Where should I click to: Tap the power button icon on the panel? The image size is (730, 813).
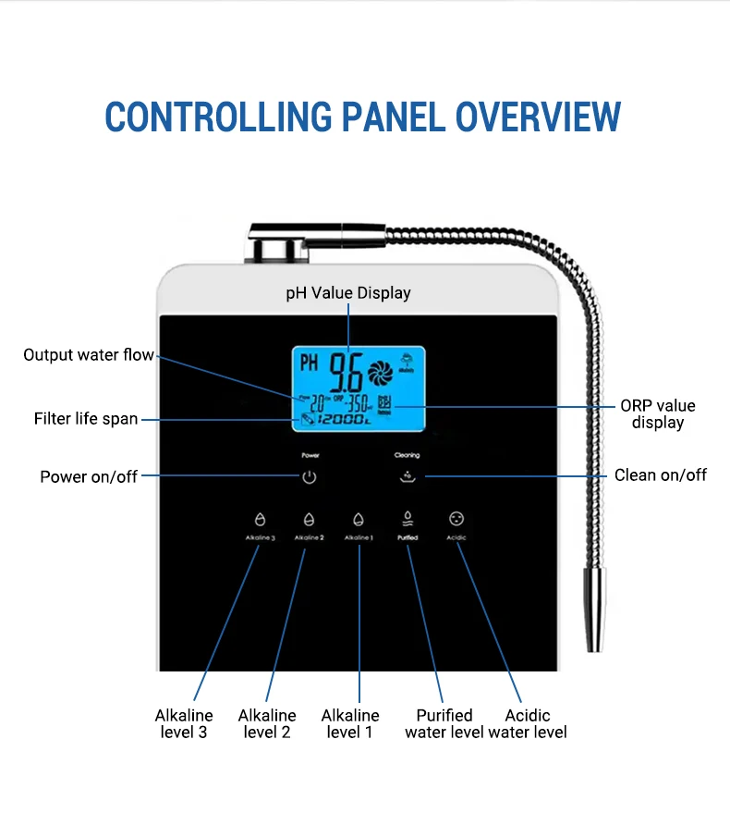tap(310, 477)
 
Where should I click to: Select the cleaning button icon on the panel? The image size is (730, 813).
tap(407, 477)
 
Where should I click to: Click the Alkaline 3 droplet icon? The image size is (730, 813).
tap(260, 520)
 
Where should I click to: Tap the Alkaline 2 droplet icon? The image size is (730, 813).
tap(309, 520)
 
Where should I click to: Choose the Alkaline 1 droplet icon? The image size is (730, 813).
tap(359, 520)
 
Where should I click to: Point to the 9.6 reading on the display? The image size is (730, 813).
tap(347, 369)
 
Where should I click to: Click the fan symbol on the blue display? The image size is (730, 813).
tap(380, 372)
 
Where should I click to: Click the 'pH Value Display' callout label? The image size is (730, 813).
tap(347, 292)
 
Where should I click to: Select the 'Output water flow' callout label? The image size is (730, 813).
tap(89, 355)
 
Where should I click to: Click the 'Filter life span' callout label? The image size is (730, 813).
tap(86, 419)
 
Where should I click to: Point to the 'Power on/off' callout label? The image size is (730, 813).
tap(89, 476)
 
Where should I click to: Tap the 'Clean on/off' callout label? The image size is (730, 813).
tap(660, 474)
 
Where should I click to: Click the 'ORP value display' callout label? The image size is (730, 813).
tap(657, 414)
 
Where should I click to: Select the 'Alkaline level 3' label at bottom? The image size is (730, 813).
tap(184, 723)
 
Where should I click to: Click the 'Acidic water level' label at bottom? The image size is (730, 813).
tap(528, 723)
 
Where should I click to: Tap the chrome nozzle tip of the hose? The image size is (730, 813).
tap(595, 616)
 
